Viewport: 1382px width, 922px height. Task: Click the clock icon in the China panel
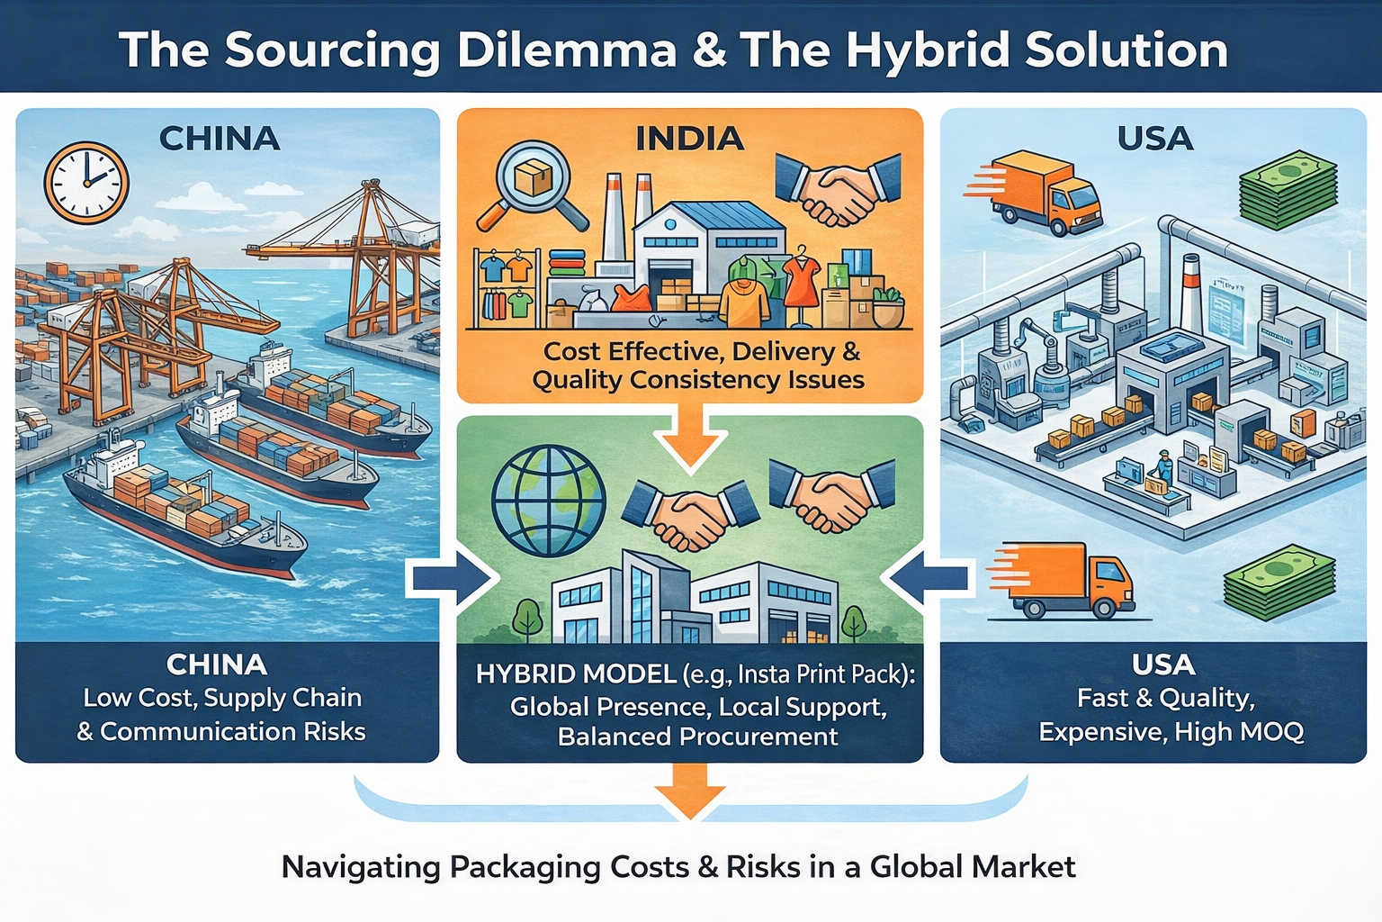[x=86, y=183]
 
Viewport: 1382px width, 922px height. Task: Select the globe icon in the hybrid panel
[x=548, y=502]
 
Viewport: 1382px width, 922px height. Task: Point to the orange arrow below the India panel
[x=690, y=436]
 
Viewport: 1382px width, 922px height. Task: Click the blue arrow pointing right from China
[x=452, y=578]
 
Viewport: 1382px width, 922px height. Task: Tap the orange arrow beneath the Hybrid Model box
[x=690, y=791]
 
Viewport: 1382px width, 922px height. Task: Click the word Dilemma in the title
[x=567, y=50]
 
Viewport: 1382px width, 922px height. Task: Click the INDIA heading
[x=690, y=139]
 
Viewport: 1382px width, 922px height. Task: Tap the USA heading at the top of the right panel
[x=1154, y=139]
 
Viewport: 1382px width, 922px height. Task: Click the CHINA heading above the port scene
[x=220, y=139]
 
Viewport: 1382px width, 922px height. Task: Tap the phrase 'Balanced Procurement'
[x=697, y=737]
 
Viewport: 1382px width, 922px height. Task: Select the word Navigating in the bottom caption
[x=360, y=867]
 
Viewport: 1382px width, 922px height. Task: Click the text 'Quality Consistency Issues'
[x=697, y=380]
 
